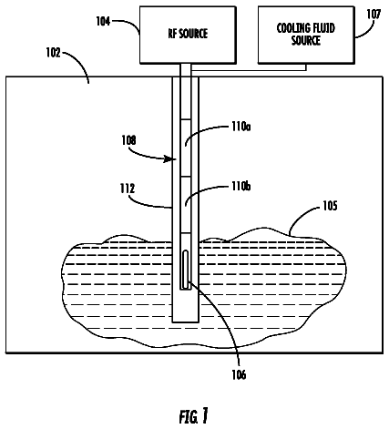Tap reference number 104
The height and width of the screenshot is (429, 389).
pos(103,21)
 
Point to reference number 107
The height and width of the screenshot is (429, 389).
pos(374,14)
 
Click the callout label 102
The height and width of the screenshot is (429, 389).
pos(54,53)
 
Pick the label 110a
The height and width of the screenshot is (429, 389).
pos(241,127)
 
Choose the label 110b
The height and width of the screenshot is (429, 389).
pos(241,186)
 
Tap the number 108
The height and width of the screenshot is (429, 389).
pos(128,140)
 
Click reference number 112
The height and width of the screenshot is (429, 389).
pos(128,189)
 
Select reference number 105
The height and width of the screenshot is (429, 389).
pos(330,206)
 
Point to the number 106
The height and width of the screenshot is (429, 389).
pos(239,375)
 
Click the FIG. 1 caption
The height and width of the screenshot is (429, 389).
pos(193,416)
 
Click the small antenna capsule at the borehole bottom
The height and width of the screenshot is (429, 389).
pos(185,269)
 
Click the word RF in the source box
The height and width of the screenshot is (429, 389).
pos(172,34)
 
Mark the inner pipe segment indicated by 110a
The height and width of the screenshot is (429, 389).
pos(186,148)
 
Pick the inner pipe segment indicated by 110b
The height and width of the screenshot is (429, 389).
pos(186,205)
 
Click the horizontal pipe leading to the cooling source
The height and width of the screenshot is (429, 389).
pos(249,70)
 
